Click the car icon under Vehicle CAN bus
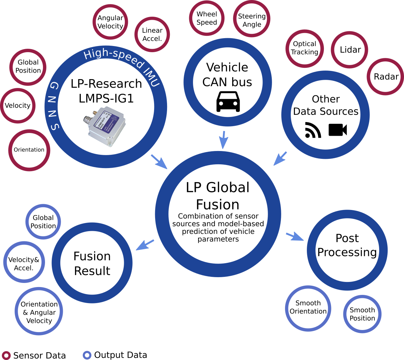[x=228, y=102]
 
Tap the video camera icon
[x=338, y=130]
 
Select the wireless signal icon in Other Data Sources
[x=313, y=130]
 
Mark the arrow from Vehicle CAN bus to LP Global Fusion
[x=223, y=140]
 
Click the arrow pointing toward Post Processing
[x=295, y=237]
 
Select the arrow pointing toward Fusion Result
[x=145, y=245]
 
